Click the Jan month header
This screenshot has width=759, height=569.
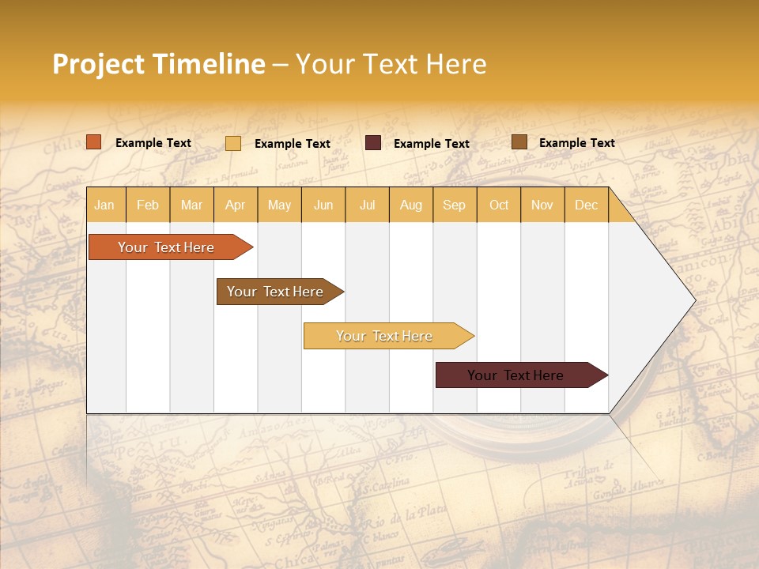click(104, 205)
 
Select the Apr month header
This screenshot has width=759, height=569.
click(235, 205)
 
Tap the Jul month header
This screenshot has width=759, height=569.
click(367, 205)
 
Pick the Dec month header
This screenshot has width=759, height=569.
click(586, 205)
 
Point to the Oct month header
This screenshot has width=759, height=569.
click(499, 205)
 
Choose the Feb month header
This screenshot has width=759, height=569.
click(148, 205)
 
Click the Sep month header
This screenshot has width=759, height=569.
click(454, 205)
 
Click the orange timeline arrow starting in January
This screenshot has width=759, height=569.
click(167, 247)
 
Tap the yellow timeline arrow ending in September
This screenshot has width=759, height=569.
click(385, 336)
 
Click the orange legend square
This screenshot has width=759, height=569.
click(94, 142)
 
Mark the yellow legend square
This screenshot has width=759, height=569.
click(233, 143)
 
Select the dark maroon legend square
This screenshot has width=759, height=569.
click(373, 143)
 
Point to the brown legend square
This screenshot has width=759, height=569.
click(519, 142)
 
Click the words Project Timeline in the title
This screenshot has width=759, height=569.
click(158, 64)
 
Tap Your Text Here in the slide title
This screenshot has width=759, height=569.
click(391, 64)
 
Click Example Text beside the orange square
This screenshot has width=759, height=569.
click(153, 143)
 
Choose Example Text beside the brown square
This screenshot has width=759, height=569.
click(576, 143)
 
